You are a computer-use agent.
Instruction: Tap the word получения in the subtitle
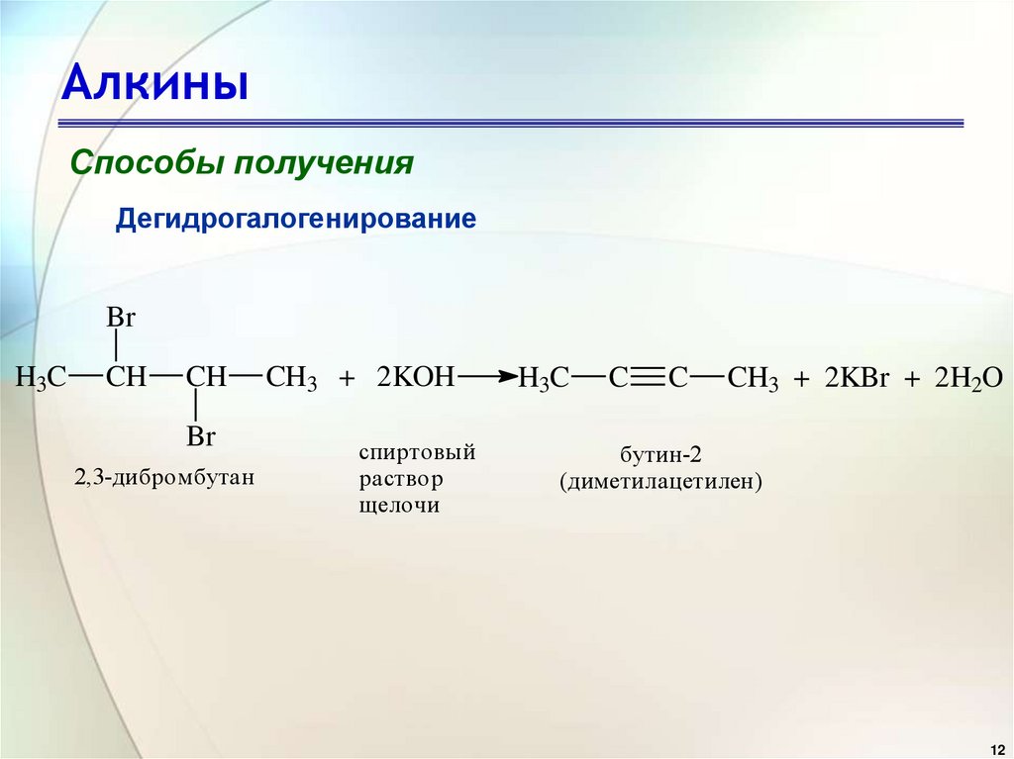click(322, 162)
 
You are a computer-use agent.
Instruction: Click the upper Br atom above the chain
click(120, 319)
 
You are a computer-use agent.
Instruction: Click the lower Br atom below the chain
click(201, 435)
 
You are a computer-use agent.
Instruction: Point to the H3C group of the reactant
click(41, 378)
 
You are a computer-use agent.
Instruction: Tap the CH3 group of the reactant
click(291, 378)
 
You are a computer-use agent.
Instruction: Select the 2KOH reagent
click(415, 378)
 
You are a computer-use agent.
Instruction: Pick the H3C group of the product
click(544, 378)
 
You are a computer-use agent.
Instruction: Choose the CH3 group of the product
click(753, 378)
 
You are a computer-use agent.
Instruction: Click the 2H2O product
click(968, 378)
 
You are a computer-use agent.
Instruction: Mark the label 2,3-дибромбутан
click(163, 478)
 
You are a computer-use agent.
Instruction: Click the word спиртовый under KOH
click(417, 452)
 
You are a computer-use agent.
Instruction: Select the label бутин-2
click(660, 455)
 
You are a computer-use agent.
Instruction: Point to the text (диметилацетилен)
click(660, 483)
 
